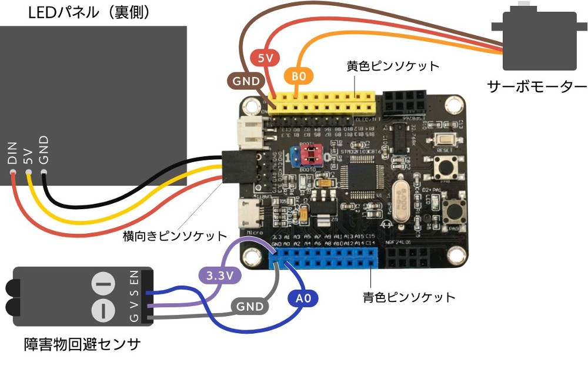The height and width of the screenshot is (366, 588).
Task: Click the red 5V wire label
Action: coord(265,58)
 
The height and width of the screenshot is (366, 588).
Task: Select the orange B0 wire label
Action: coord(299,76)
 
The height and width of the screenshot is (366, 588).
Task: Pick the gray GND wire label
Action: coord(249,306)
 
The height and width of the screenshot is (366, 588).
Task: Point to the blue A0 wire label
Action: coord(303,299)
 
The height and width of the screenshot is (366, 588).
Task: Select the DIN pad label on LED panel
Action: coord(12,153)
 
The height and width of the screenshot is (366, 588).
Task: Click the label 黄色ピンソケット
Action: coord(393,66)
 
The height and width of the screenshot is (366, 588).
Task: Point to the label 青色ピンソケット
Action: coord(409,297)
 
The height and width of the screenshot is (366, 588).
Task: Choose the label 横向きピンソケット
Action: coord(175,236)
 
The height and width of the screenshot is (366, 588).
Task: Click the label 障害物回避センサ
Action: coord(82,344)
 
